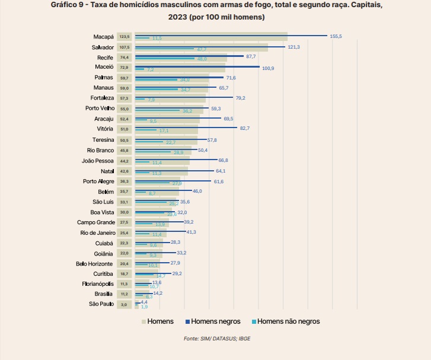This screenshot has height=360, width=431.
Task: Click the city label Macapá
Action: coord(104,37)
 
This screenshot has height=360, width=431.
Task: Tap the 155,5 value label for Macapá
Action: coord(336,37)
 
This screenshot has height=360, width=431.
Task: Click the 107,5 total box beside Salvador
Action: coord(124,47)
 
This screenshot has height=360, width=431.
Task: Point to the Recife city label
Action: coord(106,58)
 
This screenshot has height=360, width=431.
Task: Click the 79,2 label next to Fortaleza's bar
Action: coord(241,98)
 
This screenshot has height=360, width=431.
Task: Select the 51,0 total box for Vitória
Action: coord(124,129)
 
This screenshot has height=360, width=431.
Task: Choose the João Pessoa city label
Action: coord(98,161)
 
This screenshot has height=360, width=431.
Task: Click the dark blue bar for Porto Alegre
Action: coord(172,181)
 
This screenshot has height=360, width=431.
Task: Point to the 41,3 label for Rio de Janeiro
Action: coord(191,232)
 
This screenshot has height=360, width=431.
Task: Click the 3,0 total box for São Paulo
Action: coord(124,305)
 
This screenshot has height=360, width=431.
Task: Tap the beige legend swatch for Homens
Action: coord(143,322)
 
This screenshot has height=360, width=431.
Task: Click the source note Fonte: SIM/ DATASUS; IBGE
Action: coord(216,339)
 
